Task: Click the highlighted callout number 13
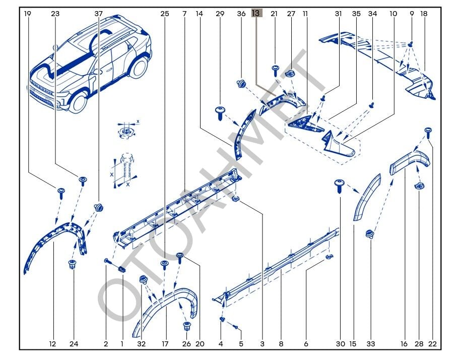(256, 14)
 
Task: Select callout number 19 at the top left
(28, 14)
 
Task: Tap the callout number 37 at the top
(98, 14)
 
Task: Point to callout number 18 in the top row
(424, 14)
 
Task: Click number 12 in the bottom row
(52, 344)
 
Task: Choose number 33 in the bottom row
(371, 344)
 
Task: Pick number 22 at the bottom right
(432, 344)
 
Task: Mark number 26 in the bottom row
(186, 344)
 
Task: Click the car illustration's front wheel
(78, 101)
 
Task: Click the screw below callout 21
(275, 70)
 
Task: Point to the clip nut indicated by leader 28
(418, 187)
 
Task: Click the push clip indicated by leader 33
(371, 234)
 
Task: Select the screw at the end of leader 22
(428, 132)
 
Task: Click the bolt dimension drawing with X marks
(124, 169)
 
